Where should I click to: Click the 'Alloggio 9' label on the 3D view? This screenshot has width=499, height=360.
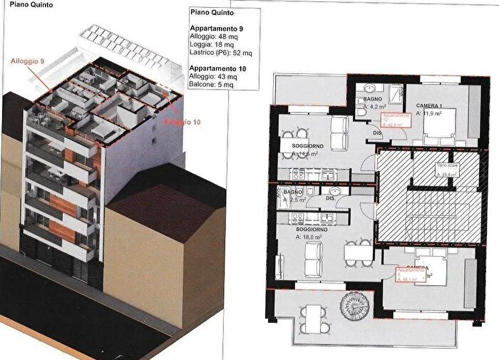click(28, 63)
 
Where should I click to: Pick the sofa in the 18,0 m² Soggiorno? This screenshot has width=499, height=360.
click(314, 259)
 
